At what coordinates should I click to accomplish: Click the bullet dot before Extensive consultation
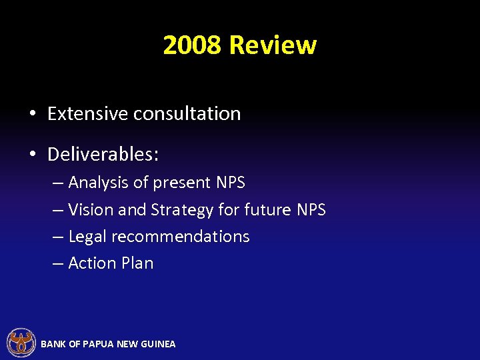pyautogui.click(x=33, y=114)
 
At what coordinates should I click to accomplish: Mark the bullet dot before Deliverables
pyautogui.click(x=33, y=155)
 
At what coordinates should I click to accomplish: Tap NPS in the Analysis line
pyautogui.click(x=231, y=183)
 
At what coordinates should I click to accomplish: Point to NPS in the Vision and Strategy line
pyautogui.click(x=311, y=210)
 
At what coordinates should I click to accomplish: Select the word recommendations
pyautogui.click(x=180, y=237)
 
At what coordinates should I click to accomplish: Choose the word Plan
pyautogui.click(x=138, y=263)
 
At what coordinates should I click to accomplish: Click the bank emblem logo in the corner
pyautogui.click(x=21, y=343)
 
